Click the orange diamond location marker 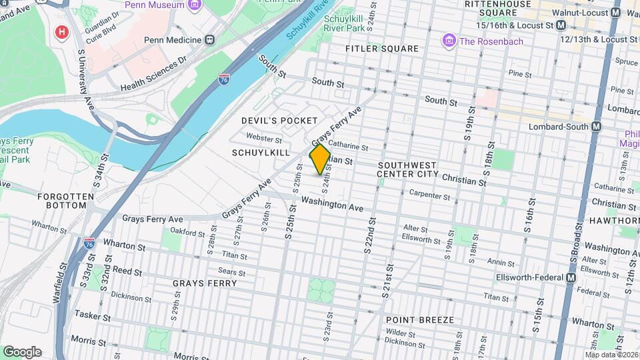coord(320,159)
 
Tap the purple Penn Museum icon coord(195,5)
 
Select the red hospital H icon coord(62,32)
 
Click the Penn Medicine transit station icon coord(210,40)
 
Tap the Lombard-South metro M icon coord(596,126)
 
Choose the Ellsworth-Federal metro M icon coord(571,277)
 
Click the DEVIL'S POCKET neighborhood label coord(279,120)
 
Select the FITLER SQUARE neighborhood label coord(382,49)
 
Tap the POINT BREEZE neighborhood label coord(420,320)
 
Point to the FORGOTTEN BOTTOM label coord(62,201)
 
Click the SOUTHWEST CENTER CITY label coord(407,169)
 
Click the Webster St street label coord(264,137)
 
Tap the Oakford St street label coord(187,233)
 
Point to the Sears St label coord(231,271)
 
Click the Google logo coord(22,351)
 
